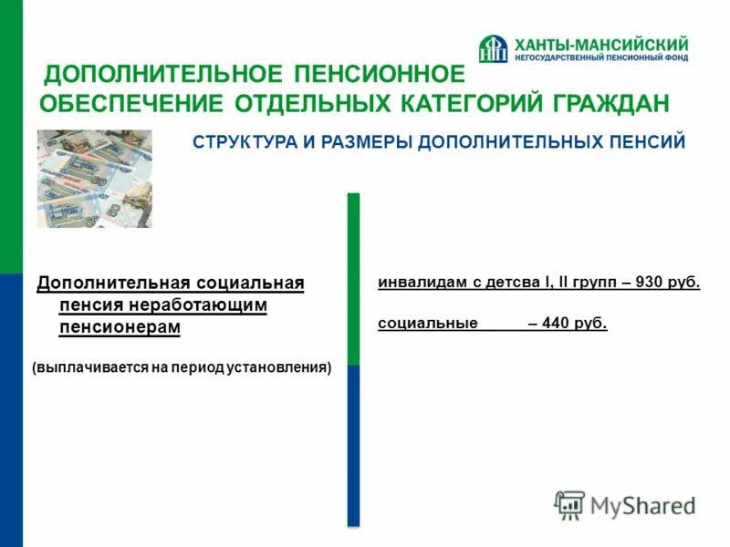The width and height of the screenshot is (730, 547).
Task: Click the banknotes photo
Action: (x=94, y=178)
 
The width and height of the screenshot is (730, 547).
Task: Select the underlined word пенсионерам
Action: (x=120, y=326)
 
